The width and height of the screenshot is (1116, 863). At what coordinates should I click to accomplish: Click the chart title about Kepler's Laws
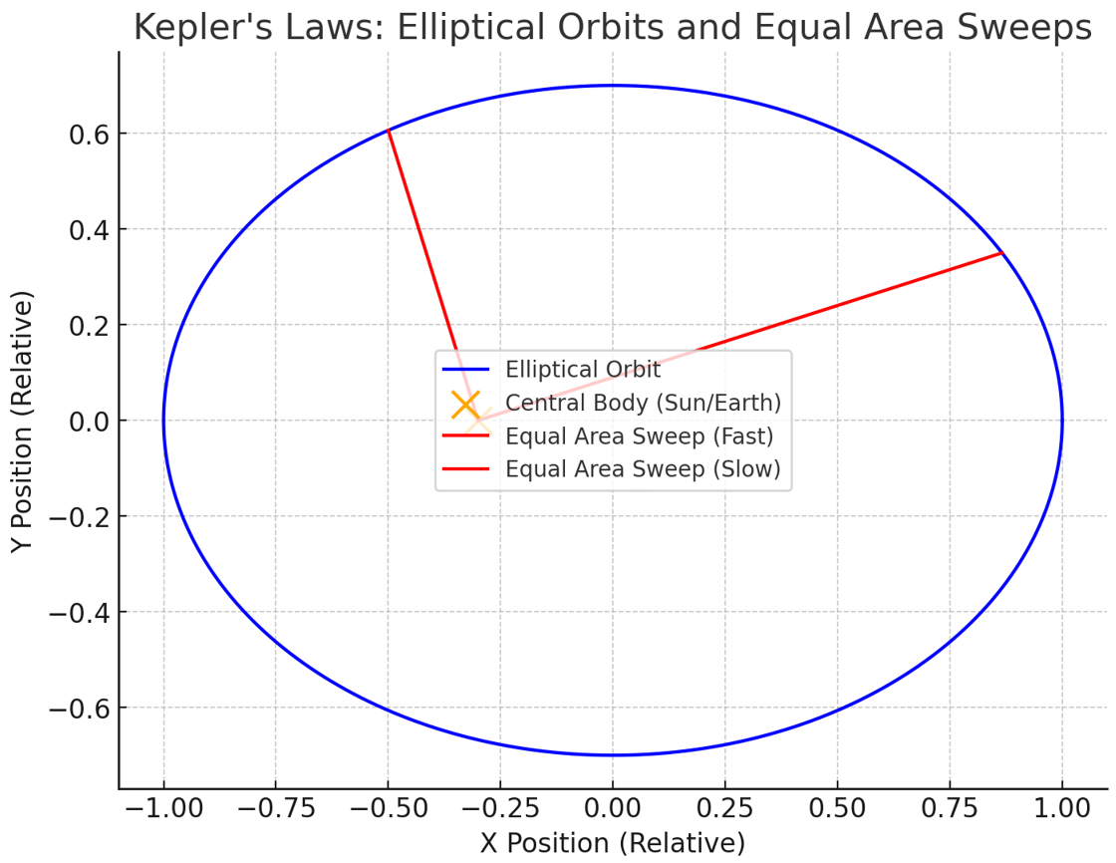click(x=612, y=28)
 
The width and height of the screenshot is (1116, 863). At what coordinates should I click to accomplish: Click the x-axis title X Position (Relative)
click(x=612, y=843)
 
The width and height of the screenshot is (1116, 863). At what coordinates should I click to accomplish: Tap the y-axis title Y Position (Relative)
click(x=22, y=421)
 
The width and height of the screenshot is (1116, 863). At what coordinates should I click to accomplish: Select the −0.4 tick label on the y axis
click(x=79, y=612)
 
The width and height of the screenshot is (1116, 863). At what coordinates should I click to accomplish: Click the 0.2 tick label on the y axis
click(x=89, y=326)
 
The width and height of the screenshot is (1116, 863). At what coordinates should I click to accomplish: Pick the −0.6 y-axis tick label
click(x=79, y=708)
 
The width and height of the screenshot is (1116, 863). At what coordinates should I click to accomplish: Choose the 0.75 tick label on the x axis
click(x=950, y=809)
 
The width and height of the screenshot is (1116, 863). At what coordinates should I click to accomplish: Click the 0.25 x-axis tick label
click(x=725, y=809)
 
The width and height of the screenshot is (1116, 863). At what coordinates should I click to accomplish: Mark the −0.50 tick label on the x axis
click(x=388, y=809)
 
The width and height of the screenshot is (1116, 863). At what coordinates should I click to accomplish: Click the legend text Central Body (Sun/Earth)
click(x=644, y=403)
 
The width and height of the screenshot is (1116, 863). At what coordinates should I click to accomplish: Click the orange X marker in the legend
click(x=465, y=405)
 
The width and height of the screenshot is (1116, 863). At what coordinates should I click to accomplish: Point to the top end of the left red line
click(x=388, y=131)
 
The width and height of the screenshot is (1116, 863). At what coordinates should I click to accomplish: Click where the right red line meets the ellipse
click(x=1001, y=253)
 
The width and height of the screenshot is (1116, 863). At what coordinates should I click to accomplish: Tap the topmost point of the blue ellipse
click(x=613, y=86)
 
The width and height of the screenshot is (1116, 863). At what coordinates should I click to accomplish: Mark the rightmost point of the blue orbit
click(x=1062, y=421)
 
